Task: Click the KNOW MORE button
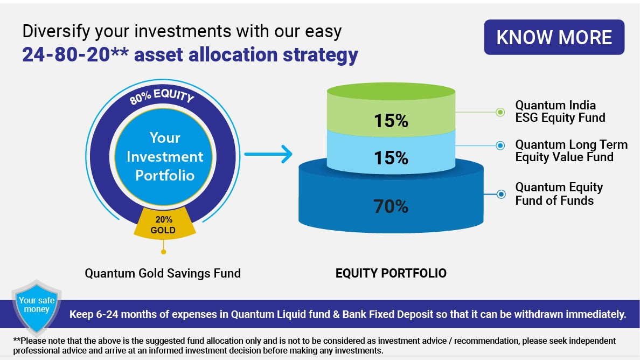click(x=554, y=37)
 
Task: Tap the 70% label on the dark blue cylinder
click(x=391, y=206)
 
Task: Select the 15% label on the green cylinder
click(x=391, y=120)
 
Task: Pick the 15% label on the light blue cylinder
click(x=391, y=157)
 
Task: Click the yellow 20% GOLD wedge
click(x=164, y=224)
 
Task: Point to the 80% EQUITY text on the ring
click(x=162, y=96)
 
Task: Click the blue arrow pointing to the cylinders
click(x=268, y=154)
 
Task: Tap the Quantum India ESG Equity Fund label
click(x=560, y=112)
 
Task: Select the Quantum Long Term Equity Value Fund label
click(x=571, y=150)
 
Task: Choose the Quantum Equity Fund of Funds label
click(x=559, y=193)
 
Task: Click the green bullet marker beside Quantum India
click(x=500, y=112)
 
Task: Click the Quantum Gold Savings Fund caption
click(x=163, y=273)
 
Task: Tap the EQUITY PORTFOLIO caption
click(x=391, y=273)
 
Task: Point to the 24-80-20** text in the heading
click(x=75, y=54)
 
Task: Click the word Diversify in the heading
click(x=56, y=31)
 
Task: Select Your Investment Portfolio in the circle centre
click(x=164, y=157)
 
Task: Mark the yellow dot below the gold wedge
click(x=163, y=252)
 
